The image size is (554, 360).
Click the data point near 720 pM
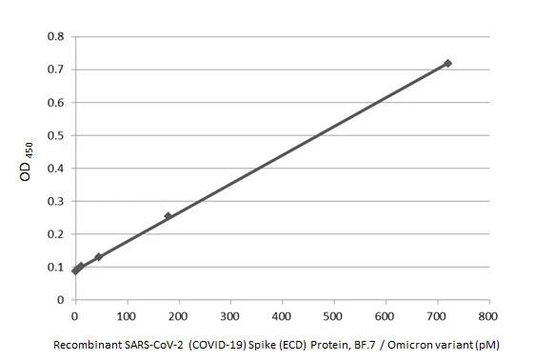447,63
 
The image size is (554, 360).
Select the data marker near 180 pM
168,216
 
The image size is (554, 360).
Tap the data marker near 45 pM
98,257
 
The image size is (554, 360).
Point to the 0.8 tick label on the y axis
56,36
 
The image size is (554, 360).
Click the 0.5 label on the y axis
56,135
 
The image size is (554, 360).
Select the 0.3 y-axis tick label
56,201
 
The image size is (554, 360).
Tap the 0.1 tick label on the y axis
56,267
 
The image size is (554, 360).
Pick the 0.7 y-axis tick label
56,70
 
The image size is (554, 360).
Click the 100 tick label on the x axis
127,315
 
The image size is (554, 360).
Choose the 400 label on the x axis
282,315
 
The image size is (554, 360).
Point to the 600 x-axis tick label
385,315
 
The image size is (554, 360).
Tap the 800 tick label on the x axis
488,315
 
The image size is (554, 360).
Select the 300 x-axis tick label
230,315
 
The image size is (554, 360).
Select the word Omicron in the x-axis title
421,343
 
